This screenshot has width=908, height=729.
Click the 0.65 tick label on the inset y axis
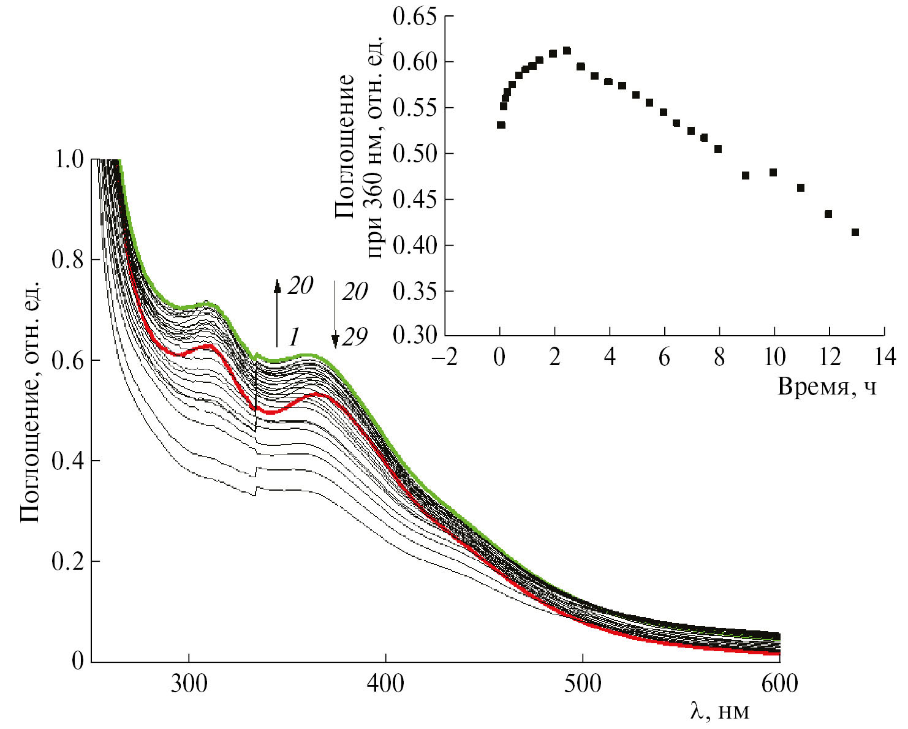click(415, 16)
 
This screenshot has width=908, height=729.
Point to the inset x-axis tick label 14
click(883, 357)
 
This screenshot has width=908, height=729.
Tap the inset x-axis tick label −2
click(444, 357)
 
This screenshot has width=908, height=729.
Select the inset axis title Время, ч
click(827, 387)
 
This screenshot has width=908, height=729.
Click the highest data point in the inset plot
click(567, 51)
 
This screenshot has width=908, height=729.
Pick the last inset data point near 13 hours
click(855, 232)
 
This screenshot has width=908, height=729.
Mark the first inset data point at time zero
click(501, 125)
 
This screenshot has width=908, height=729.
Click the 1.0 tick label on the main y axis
click(70, 160)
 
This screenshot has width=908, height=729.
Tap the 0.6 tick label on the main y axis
click(70, 361)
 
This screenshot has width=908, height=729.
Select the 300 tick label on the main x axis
click(189, 683)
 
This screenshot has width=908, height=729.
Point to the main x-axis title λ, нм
click(719, 711)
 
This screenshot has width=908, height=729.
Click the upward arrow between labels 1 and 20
click(277, 312)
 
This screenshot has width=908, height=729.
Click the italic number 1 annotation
click(294, 336)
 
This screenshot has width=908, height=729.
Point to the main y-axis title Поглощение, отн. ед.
click(31, 401)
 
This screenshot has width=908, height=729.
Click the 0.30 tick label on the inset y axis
click(415, 335)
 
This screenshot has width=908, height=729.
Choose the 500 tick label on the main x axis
click(581, 683)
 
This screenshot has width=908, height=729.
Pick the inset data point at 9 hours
click(746, 176)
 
